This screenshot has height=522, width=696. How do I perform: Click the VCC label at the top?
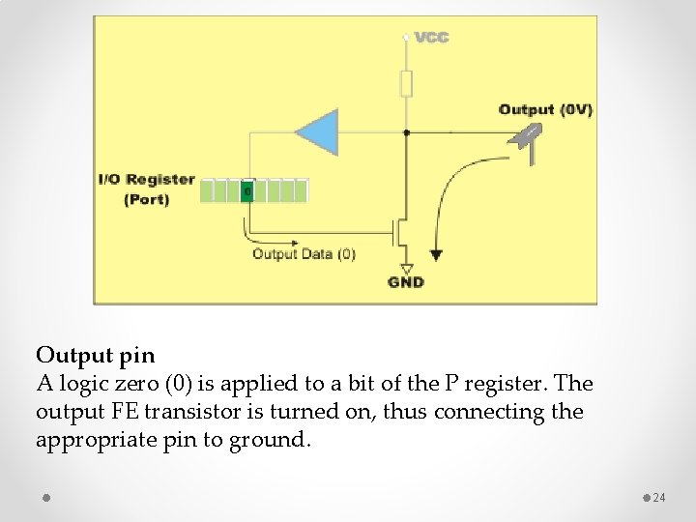[x=431, y=38]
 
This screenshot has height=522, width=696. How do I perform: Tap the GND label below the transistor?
[x=406, y=282]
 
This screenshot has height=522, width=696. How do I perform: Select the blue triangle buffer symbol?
[x=318, y=132]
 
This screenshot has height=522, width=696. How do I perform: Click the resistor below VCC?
[x=406, y=84]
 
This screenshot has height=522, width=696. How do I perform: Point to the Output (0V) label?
[x=545, y=109]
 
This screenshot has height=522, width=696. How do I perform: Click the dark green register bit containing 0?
[x=247, y=191]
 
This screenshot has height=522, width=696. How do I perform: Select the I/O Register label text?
[x=146, y=180]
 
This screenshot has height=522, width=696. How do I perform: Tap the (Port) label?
[x=146, y=200]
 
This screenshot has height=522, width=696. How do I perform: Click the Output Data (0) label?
[x=304, y=254]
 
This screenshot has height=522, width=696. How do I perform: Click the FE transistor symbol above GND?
[x=399, y=232]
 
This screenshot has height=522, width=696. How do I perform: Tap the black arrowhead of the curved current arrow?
[x=436, y=255]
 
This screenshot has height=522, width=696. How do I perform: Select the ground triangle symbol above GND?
[x=406, y=268]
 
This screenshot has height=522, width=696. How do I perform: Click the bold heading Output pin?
[x=95, y=355]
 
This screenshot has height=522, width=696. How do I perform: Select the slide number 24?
[x=659, y=498]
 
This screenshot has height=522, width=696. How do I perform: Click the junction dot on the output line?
[x=406, y=131]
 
